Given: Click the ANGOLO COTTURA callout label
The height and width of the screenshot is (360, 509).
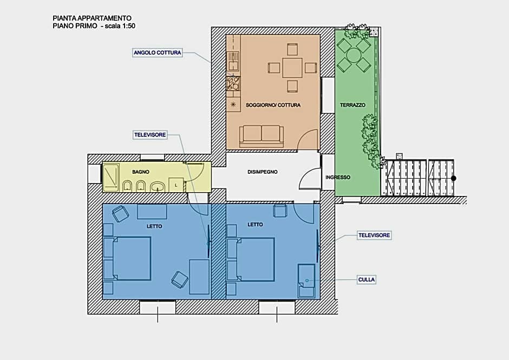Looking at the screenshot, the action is (x=158, y=53).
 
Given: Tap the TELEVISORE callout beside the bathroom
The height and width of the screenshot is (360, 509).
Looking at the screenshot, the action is (x=151, y=135).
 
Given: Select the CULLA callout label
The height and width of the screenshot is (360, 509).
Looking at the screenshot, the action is (x=367, y=279).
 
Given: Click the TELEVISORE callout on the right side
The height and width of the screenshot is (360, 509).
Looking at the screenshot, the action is (x=374, y=235).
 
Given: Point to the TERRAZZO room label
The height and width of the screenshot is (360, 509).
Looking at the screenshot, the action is (x=353, y=105).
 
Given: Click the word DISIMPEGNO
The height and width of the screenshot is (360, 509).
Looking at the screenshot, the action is (x=262, y=172).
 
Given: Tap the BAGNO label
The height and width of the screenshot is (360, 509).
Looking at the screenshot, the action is (x=141, y=172).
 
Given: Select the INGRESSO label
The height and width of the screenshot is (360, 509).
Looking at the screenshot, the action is (x=338, y=177).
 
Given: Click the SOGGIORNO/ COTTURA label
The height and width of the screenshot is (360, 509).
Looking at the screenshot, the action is (x=273, y=105).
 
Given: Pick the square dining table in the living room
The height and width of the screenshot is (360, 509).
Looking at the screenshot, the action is (x=292, y=68).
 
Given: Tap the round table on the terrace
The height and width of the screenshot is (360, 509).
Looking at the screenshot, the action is (x=354, y=55).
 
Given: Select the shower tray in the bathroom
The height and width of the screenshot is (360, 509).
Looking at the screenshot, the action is (x=111, y=177).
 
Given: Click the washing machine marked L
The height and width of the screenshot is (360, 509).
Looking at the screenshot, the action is (x=177, y=185).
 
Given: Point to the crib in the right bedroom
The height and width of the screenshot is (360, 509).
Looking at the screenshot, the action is (x=306, y=281).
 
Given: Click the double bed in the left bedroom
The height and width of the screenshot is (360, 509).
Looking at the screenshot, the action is (x=128, y=258).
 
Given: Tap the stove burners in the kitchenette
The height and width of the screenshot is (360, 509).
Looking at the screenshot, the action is (x=233, y=83).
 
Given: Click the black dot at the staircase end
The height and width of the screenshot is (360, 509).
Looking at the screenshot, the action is (x=454, y=178).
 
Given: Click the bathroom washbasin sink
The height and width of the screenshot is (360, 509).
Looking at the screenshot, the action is (x=158, y=186).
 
